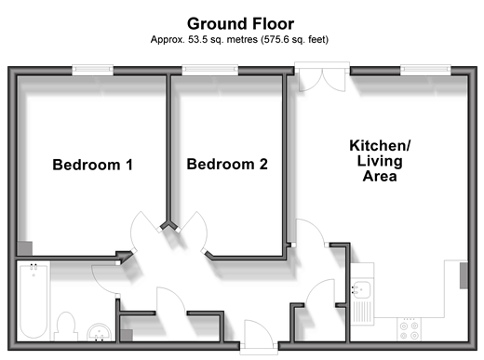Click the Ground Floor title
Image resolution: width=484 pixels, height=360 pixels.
coord(240,24)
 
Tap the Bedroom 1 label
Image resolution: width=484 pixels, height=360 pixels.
coord(92,165)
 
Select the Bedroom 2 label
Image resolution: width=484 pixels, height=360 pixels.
coord(227,164)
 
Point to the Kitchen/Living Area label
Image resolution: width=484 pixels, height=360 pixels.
coord(380,161)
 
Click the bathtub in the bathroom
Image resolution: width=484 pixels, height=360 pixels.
coord(34,300)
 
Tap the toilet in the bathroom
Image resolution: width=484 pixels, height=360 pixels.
coord(65,327)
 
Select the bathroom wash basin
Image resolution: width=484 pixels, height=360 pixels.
coord(99,332)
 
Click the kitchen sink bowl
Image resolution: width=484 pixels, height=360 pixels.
coord(361,289)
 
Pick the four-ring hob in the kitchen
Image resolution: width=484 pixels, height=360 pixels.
coord(409,330)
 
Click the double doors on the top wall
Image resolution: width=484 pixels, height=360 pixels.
coord(322,80)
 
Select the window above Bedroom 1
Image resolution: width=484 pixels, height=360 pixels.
coord(92,70)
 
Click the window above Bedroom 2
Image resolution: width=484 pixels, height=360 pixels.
coord(210,70)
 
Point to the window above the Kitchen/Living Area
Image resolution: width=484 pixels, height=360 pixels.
coord(425,70)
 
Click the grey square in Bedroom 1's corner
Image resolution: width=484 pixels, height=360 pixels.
coord(24,248)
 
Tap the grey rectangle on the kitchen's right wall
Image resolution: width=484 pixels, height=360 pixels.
coord(464,275)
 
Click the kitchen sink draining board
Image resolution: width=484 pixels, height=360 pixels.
coord(362,312)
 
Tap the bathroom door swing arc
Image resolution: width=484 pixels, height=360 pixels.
coord(101,282)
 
